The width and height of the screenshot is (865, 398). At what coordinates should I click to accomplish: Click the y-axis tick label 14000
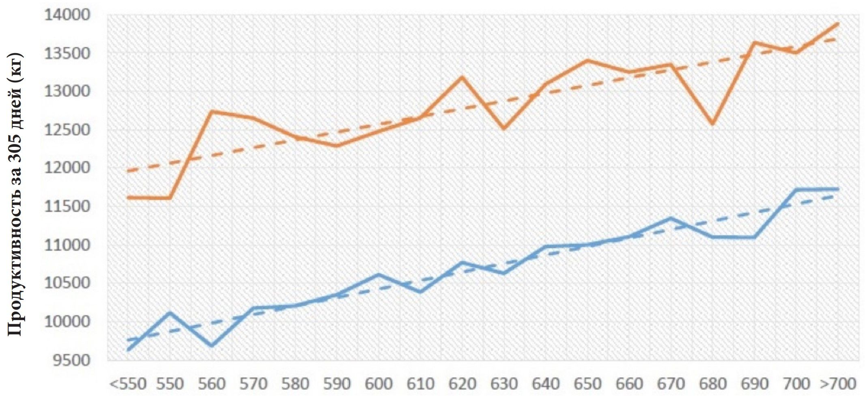67,15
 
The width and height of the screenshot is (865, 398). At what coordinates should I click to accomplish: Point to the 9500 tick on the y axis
71,360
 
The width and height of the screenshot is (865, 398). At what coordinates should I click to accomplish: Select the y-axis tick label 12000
67,167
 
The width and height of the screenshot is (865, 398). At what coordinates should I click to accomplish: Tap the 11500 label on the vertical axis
67,206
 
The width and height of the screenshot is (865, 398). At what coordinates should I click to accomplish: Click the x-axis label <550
128,384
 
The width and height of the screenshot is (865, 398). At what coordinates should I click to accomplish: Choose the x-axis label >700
838,384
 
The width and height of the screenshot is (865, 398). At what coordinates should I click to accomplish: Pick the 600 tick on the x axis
379,384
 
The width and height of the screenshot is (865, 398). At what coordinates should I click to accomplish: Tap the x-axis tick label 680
713,384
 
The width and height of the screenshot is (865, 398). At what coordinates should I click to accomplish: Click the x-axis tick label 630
504,384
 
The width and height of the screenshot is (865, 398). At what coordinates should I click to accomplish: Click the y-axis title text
15,195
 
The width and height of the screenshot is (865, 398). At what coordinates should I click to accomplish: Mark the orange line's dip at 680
713,124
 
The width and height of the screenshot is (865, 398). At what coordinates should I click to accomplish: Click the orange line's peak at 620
463,77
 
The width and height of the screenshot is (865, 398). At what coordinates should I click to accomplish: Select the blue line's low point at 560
212,346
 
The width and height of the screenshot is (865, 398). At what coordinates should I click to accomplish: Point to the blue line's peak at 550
170,312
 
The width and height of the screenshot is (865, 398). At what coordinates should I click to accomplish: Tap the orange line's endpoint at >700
838,24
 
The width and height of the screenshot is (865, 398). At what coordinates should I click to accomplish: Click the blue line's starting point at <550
128,349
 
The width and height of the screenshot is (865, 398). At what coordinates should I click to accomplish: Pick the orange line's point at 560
212,111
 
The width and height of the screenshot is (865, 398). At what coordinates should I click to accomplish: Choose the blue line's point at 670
671,218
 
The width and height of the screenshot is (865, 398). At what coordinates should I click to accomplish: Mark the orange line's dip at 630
504,129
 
